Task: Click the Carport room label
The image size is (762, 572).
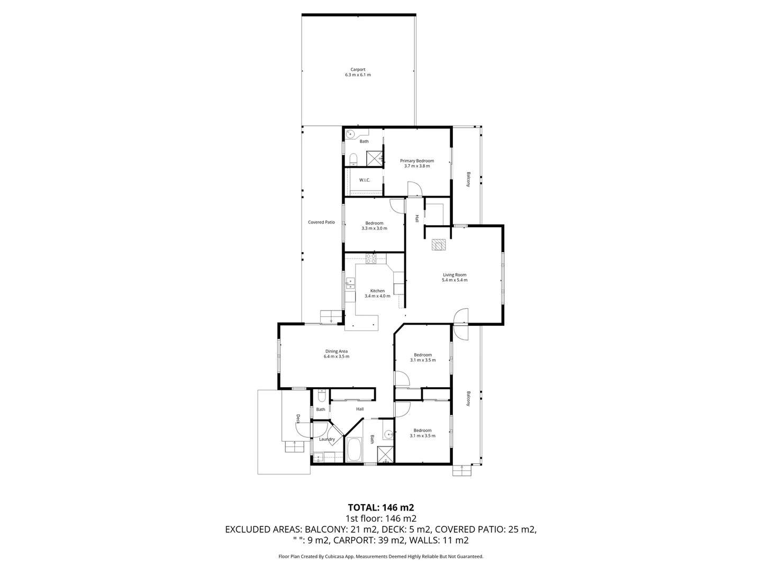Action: click(x=358, y=69)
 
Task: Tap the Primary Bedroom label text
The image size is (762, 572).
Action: click(x=416, y=161)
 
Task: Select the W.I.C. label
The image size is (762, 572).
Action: click(x=364, y=180)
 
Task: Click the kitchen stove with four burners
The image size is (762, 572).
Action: click(x=371, y=259)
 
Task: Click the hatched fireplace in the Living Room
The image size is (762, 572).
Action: click(x=439, y=244)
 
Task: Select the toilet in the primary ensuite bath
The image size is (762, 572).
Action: click(x=353, y=158)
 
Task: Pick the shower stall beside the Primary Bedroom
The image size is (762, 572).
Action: click(x=375, y=158)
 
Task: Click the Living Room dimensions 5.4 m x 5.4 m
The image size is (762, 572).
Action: click(x=455, y=280)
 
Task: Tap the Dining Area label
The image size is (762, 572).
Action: click(x=336, y=351)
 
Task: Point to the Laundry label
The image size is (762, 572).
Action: click(x=326, y=439)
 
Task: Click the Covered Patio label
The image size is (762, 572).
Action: click(x=321, y=222)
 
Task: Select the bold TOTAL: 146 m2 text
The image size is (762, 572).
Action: click(x=380, y=507)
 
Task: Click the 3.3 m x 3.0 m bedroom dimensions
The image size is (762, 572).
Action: click(x=374, y=228)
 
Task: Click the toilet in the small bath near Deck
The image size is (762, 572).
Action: click(x=321, y=397)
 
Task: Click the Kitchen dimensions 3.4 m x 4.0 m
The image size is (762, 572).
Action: click(x=377, y=296)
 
